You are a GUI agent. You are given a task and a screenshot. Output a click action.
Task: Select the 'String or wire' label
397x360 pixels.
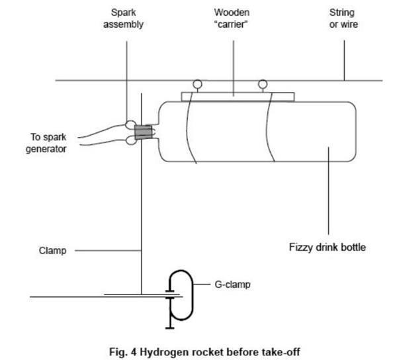coord(342,19)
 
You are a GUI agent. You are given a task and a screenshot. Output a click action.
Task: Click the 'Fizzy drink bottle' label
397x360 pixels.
coord(327,248)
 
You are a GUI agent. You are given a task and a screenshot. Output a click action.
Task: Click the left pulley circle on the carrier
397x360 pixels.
coord(197,85)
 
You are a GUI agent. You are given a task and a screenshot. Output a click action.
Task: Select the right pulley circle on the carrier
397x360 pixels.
coord(263,84)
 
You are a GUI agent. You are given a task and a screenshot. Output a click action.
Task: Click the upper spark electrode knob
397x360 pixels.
coord(130,124)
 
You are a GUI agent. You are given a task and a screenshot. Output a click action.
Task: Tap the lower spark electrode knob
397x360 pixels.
coord(130,140)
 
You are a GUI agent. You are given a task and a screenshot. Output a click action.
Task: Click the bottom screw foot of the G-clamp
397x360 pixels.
coord(169,325)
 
